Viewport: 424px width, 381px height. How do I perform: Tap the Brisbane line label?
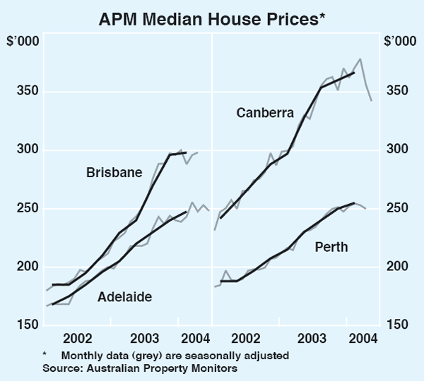click(x=114, y=172)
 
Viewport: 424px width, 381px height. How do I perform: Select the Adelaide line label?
click(x=124, y=298)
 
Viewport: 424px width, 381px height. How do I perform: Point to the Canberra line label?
click(x=265, y=112)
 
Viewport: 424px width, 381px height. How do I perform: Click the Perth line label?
click(x=332, y=247)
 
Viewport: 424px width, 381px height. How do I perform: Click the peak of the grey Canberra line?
click(x=360, y=59)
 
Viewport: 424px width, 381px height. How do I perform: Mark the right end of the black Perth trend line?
click(x=353, y=203)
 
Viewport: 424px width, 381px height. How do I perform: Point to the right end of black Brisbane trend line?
click(x=185, y=152)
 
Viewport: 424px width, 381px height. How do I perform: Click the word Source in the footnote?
click(x=58, y=368)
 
